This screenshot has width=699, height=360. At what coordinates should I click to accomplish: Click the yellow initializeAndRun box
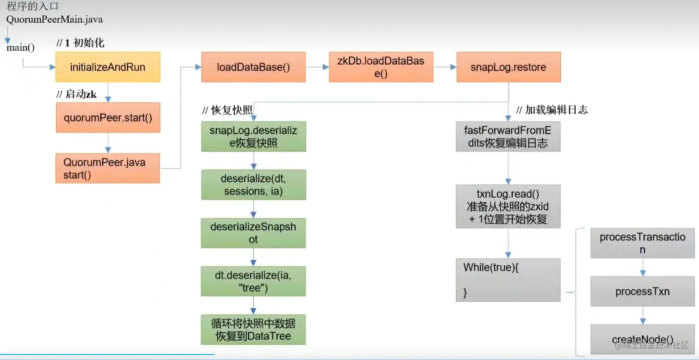(108, 67)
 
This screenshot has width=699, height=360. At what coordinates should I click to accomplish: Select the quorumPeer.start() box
(108, 117)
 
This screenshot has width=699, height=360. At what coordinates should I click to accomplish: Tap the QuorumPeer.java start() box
(108, 168)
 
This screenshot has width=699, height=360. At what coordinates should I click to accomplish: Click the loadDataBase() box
(253, 67)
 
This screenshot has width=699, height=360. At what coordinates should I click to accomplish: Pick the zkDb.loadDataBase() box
(381, 67)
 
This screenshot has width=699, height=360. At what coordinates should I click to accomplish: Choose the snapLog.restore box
(509, 67)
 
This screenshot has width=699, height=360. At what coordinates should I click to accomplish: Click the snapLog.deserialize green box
(254, 137)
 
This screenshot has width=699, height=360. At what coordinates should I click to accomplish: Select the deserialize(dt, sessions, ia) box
(254, 185)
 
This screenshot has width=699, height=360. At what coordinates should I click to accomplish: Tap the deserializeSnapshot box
(253, 233)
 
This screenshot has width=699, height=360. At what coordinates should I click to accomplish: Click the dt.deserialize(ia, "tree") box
(253, 281)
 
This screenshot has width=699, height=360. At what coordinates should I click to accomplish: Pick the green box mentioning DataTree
(253, 329)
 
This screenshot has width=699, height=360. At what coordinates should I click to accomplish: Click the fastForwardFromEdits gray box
(508, 137)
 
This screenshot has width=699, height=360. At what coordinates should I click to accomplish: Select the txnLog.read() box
(508, 206)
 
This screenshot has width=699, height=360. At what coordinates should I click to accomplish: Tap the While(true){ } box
(508, 280)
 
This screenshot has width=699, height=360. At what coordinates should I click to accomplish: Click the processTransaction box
(643, 243)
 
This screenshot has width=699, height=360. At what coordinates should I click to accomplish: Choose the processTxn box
(643, 291)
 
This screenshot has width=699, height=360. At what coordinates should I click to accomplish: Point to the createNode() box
(643, 339)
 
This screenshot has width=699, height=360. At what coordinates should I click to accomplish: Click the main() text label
(21, 48)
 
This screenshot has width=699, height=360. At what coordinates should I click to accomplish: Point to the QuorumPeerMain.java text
(55, 19)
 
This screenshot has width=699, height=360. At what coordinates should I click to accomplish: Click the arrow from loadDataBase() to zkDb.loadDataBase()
(317, 67)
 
